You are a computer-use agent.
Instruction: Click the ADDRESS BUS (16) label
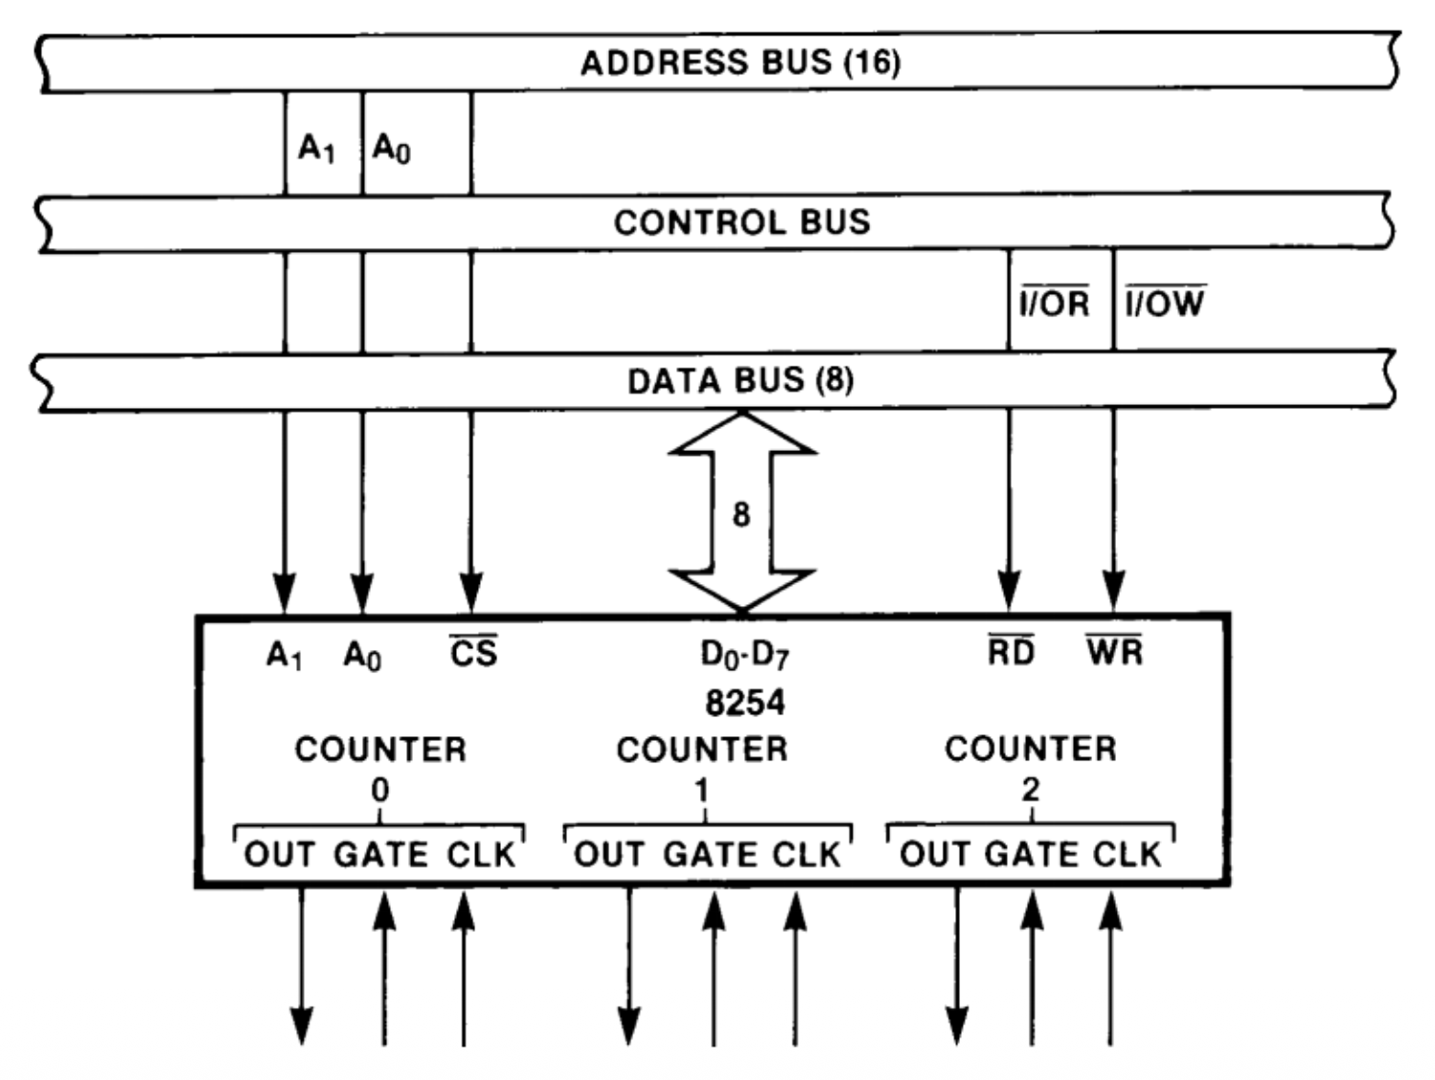(740, 63)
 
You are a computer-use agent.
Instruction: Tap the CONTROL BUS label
(741, 222)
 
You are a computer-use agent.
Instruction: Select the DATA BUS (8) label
(740, 381)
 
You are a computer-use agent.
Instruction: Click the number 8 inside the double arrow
(740, 515)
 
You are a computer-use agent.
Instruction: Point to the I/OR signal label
(1054, 304)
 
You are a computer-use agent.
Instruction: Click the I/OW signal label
(1165, 304)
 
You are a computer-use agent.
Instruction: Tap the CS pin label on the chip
(474, 653)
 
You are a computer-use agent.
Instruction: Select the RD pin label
(1012, 652)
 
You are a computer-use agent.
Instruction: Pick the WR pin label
(1115, 652)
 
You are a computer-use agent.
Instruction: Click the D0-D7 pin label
(744, 655)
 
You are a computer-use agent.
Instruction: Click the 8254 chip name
(744, 703)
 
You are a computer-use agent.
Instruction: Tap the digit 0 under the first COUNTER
(380, 791)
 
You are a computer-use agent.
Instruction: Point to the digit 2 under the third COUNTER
(1030, 790)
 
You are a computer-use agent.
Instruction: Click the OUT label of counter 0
(279, 854)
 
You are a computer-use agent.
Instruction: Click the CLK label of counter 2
(1127, 854)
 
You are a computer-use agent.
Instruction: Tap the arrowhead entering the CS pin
(471, 591)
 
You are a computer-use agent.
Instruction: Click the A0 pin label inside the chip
(362, 657)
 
